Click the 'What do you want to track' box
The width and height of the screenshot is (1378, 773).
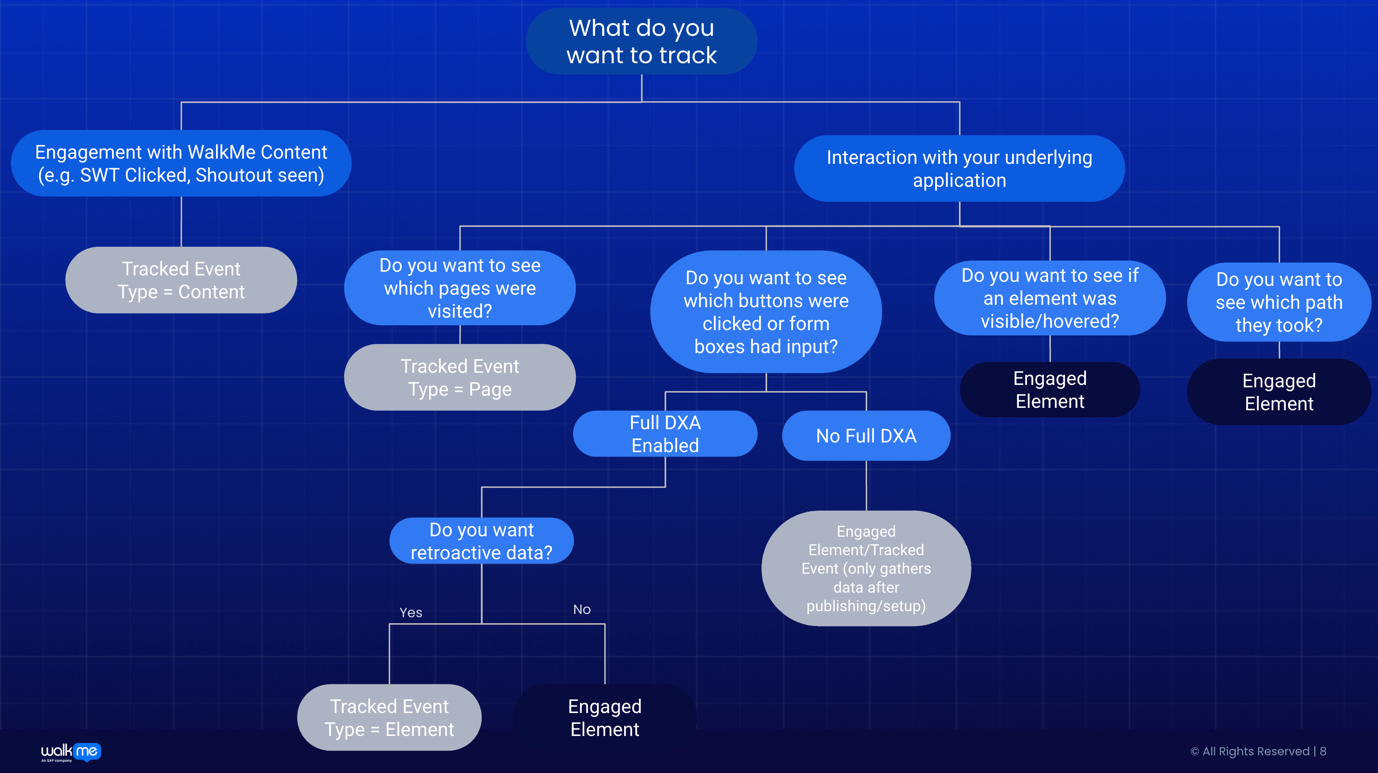pyautogui.click(x=641, y=41)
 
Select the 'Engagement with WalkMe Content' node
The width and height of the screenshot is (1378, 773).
pyautogui.click(x=181, y=163)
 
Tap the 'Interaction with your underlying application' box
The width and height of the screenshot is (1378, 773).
pyautogui.click(x=959, y=168)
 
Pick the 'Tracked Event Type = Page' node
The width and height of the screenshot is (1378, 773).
pyautogui.click(x=459, y=377)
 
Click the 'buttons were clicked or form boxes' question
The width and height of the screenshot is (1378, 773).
pyautogui.click(x=766, y=312)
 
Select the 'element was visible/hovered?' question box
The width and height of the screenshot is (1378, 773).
pyautogui.click(x=1050, y=298)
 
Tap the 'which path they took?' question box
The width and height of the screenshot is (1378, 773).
pyautogui.click(x=1278, y=302)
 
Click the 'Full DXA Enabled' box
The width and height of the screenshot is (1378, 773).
pyautogui.click(x=665, y=434)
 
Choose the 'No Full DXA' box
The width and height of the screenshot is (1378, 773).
pyautogui.click(x=866, y=436)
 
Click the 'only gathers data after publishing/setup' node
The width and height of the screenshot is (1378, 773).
pyautogui.click(x=866, y=568)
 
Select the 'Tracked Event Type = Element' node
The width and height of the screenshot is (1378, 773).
pyautogui.click(x=389, y=717)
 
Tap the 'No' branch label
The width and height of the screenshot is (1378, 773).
pyautogui.click(x=582, y=610)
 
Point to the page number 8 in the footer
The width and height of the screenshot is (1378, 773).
pyautogui.click(x=1323, y=751)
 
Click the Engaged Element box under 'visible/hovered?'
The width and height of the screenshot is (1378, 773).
pyautogui.click(x=1050, y=390)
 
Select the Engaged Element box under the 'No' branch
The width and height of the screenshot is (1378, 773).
pyautogui.click(x=604, y=717)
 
